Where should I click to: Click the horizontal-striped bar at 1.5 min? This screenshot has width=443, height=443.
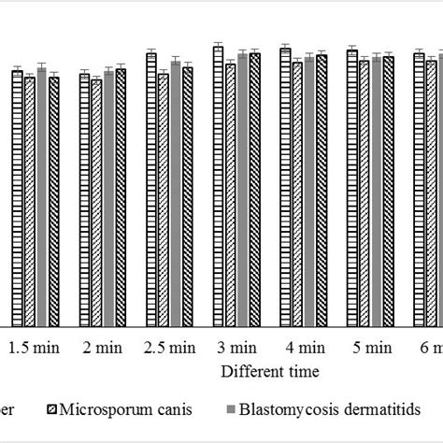(x=17, y=197)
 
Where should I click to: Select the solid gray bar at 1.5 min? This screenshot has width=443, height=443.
(x=41, y=196)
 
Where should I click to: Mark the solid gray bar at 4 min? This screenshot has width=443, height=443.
(x=309, y=191)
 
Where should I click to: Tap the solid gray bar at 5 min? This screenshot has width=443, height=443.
(x=377, y=192)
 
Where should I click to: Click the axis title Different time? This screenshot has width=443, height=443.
(x=270, y=371)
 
